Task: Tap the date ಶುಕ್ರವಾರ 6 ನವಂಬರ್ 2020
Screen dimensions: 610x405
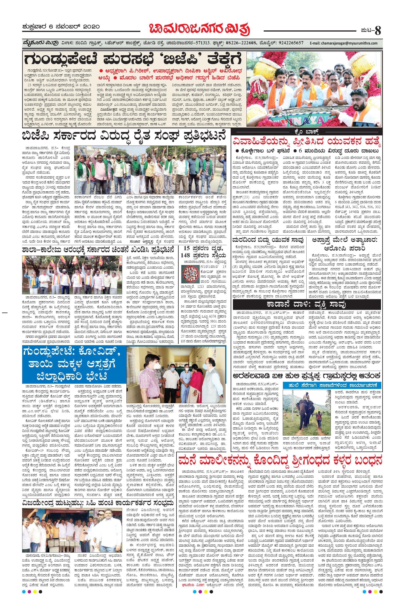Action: coord(61,27)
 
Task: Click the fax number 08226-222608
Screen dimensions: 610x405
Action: coord(242,43)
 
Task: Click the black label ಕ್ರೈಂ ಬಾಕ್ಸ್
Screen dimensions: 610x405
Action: coord(306,131)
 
